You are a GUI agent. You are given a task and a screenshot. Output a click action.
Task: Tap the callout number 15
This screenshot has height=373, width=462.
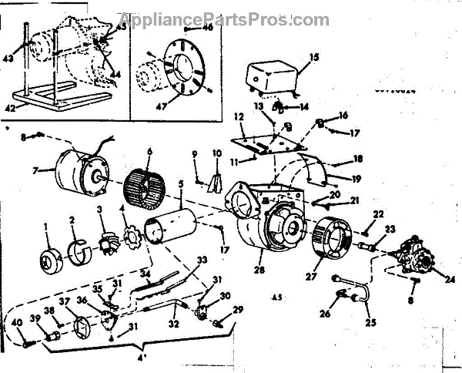tap(313, 58)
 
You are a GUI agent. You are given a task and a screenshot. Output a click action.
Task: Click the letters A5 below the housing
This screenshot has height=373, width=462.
tap(276, 297)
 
